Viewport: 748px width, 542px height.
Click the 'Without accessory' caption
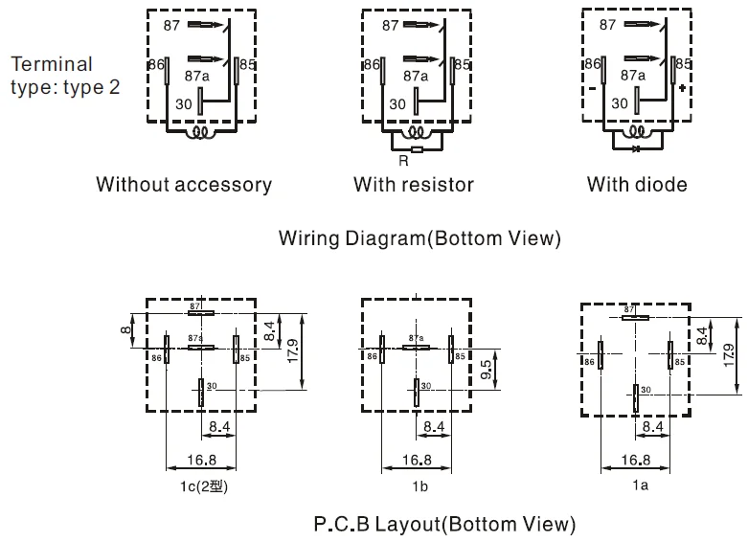coord(184,184)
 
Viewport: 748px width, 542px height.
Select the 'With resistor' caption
coord(414,184)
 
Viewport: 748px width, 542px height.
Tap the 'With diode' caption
coord(637,184)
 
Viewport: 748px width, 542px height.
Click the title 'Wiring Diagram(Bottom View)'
coord(419,238)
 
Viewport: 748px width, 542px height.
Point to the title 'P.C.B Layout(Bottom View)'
coord(444,524)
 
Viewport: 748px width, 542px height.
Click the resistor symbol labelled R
coord(416,149)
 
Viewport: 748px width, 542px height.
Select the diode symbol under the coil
coord(635,148)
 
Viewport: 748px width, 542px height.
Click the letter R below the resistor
coord(402,161)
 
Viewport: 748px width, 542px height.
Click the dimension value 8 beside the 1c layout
coord(125,330)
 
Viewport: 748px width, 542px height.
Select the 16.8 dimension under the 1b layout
coord(415,460)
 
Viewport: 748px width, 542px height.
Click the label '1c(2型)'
coord(202,486)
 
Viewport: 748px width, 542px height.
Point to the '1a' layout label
coord(640,486)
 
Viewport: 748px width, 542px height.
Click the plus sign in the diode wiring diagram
coord(683,87)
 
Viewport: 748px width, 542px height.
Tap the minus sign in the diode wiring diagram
coord(592,87)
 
